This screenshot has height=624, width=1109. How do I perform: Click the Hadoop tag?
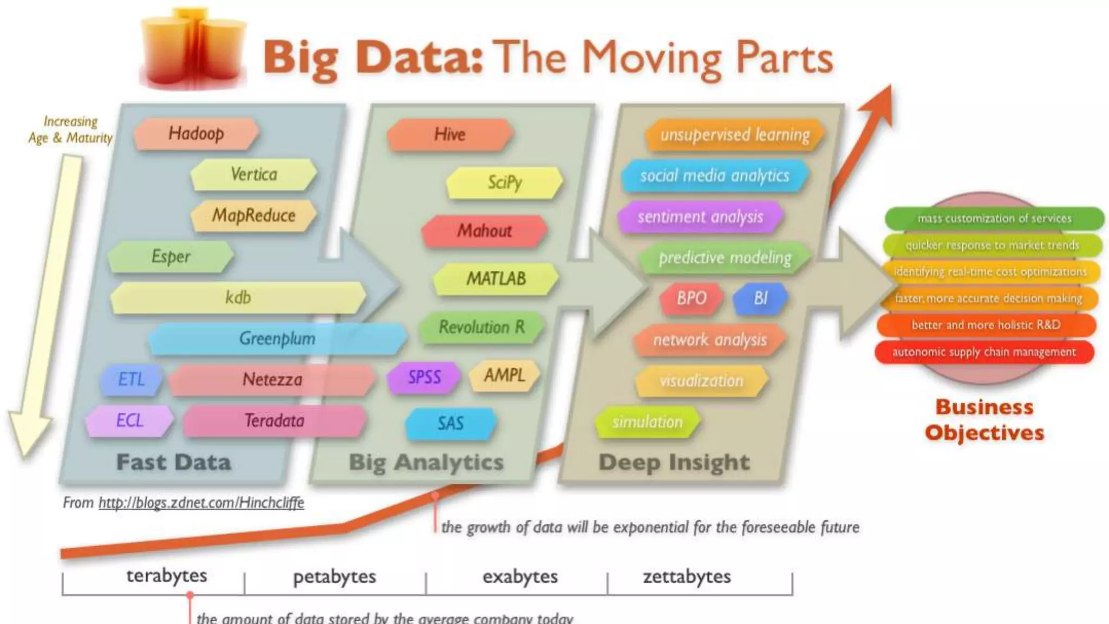click(196, 133)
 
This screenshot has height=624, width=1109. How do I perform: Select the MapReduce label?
click(253, 216)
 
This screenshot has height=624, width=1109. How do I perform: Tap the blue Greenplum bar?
click(277, 339)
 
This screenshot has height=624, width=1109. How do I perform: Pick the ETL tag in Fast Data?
click(132, 379)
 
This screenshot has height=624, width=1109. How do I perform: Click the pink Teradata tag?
click(274, 421)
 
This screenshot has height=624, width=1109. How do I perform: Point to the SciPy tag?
click(505, 183)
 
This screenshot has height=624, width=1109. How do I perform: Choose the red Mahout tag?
click(484, 231)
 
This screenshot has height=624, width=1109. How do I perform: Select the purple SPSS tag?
click(424, 377)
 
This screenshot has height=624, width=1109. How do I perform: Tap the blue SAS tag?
click(451, 423)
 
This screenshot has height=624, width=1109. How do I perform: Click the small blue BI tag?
click(760, 298)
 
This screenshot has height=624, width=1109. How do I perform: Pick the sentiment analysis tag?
click(700, 217)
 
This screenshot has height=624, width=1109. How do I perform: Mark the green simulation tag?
click(647, 422)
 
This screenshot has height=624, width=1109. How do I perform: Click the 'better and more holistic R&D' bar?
click(986, 325)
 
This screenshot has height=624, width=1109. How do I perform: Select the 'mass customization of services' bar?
click(994, 219)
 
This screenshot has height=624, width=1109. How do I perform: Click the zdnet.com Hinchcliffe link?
click(201, 503)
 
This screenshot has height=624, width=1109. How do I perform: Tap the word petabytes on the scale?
click(334, 576)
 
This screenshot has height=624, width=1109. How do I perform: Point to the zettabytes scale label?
click(687, 576)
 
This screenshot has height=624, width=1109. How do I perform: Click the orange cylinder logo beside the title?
click(192, 49)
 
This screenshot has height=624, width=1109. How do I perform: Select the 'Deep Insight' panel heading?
click(674, 462)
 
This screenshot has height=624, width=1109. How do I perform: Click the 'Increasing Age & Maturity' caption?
click(70, 130)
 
